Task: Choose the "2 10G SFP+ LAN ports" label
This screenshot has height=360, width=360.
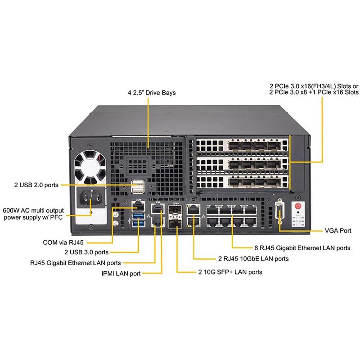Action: pos(230,272)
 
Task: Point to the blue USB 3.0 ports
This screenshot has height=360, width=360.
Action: pos(137,224)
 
